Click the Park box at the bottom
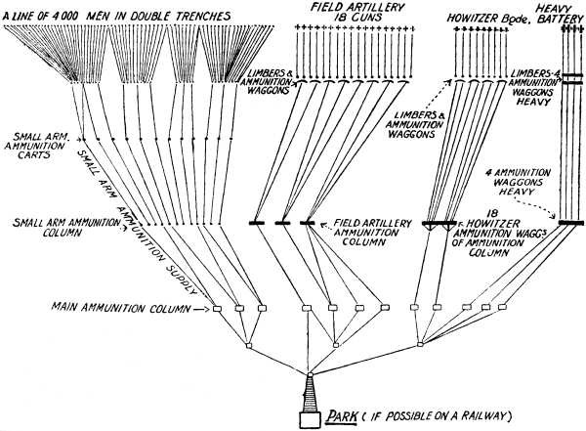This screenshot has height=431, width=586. pyautogui.click(x=309, y=419)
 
